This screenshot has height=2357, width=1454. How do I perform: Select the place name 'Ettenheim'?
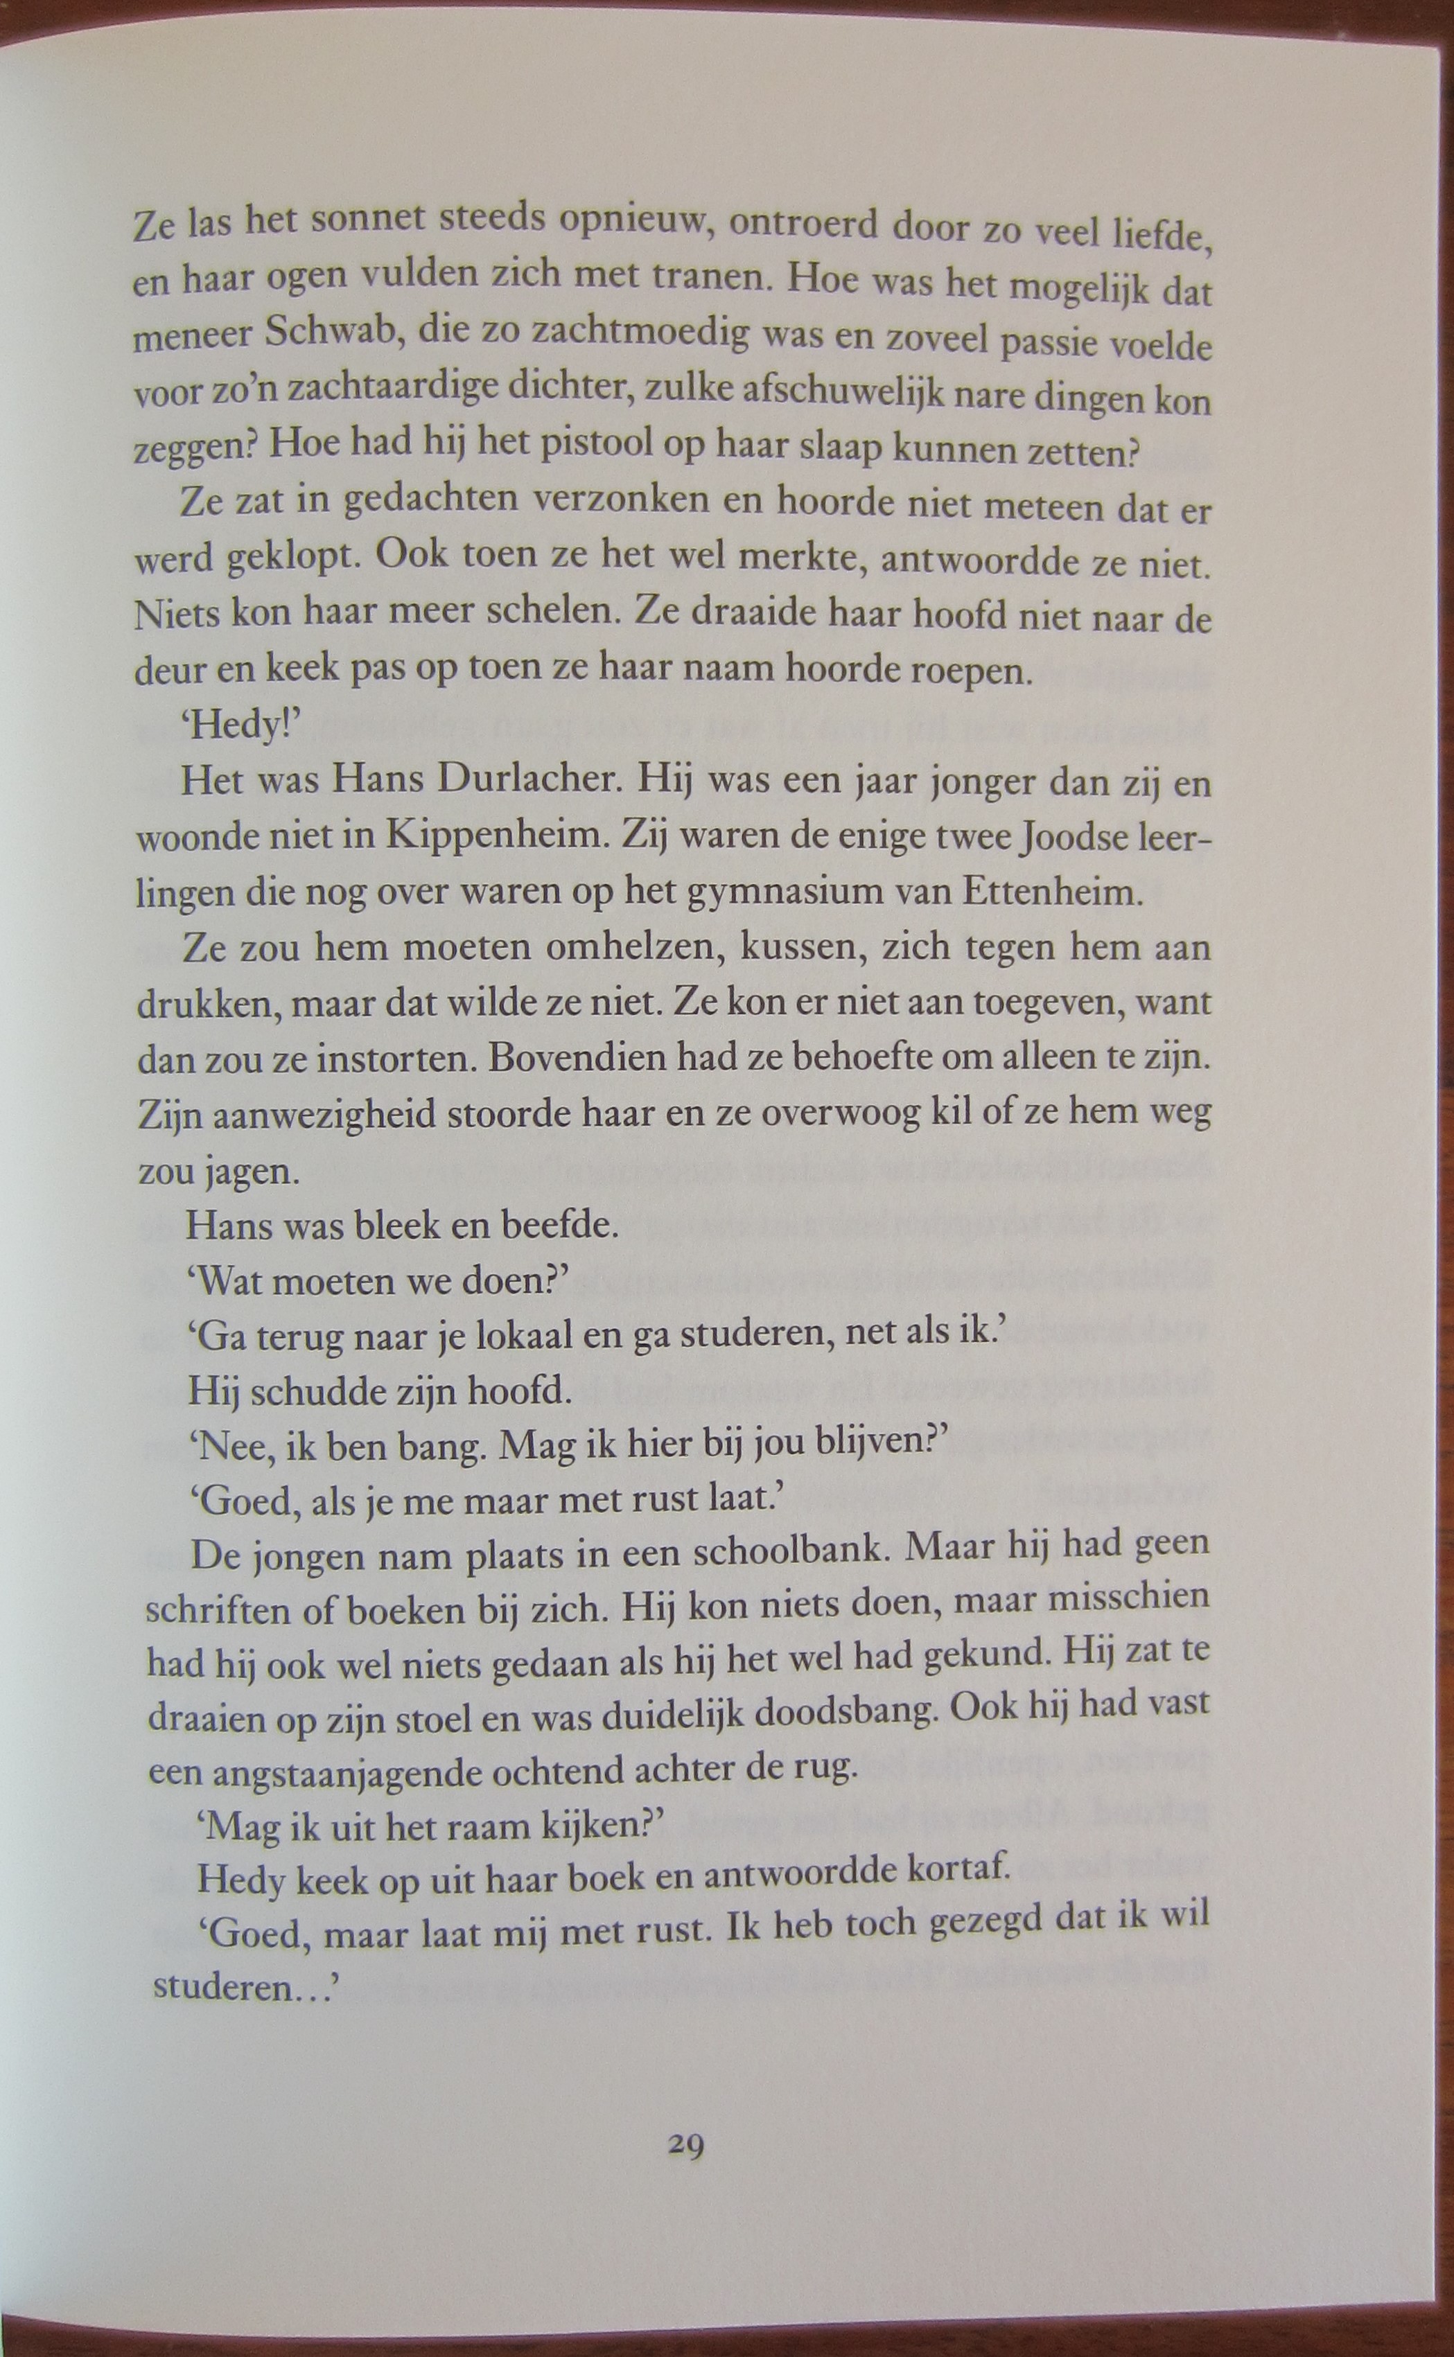point(1052,893)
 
